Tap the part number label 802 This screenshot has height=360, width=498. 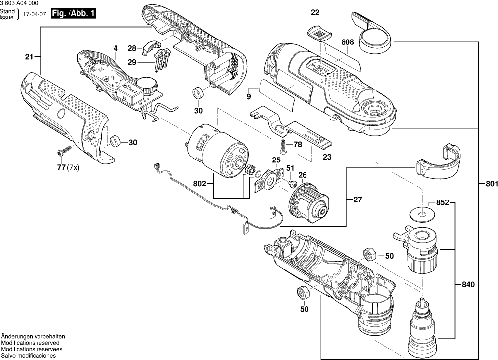pyautogui.click(x=200, y=183)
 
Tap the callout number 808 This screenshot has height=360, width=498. pyautogui.click(x=347, y=43)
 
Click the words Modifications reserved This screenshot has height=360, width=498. pyautogui.click(x=30, y=343)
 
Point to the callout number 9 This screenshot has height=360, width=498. pyautogui.click(x=249, y=96)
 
